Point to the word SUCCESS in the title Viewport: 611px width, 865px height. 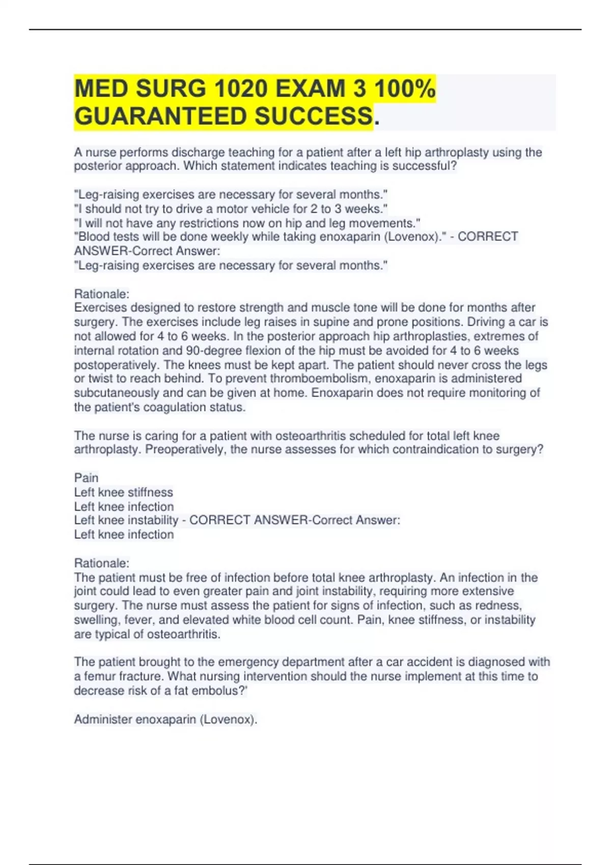[313, 117]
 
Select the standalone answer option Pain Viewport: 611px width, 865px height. [86, 478]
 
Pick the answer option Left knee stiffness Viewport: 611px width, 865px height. [123, 492]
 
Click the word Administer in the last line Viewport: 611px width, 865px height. [100, 719]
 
